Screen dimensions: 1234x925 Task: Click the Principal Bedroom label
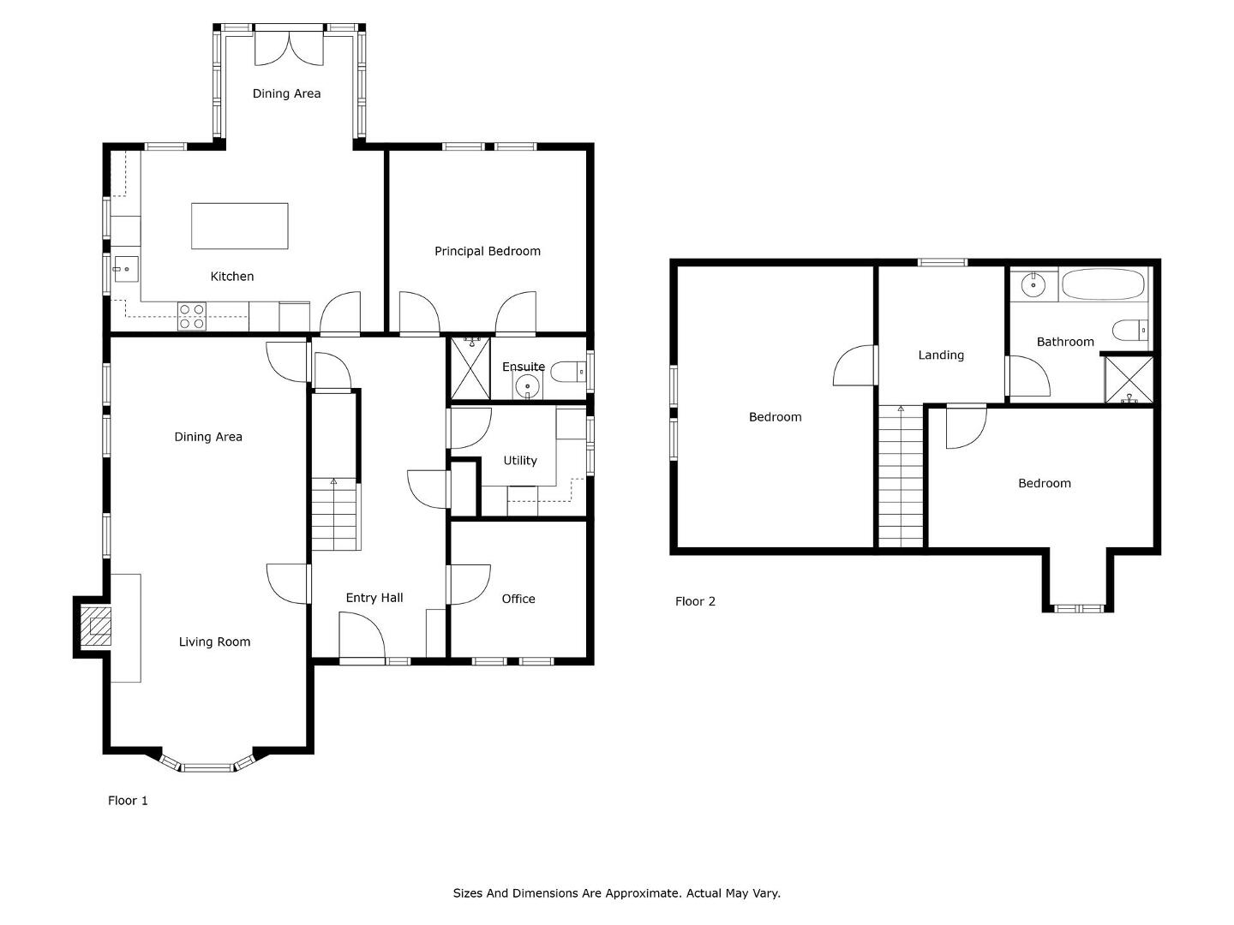tap(488, 251)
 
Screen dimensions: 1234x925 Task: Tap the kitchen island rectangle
tap(239, 226)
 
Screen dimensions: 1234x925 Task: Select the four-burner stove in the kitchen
tap(192, 316)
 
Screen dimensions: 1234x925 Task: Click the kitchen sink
tap(127, 269)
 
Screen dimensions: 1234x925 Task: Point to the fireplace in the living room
tap(95, 626)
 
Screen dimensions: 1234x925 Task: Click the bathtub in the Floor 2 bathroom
tap(1104, 284)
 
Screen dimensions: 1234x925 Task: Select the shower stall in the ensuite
tap(470, 368)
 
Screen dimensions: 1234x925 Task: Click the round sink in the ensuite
tap(527, 386)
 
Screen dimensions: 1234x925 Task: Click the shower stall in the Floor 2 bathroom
tap(1129, 379)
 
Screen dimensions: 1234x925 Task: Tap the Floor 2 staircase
tap(901, 476)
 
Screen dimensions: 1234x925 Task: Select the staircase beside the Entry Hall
tap(336, 514)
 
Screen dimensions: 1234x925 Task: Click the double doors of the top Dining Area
tap(289, 49)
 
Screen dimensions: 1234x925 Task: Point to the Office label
tap(518, 599)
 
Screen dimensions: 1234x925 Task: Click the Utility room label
tap(520, 461)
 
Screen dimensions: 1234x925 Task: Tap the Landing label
tap(941, 355)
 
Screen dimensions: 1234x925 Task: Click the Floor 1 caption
tap(128, 800)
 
